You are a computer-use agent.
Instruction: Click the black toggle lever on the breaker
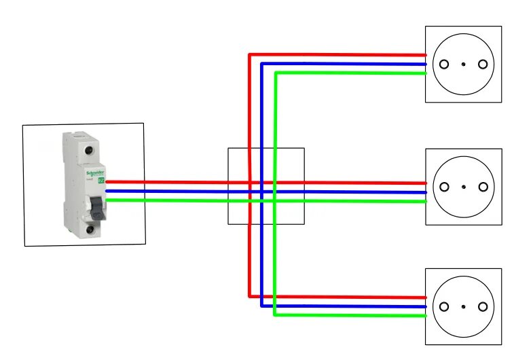(x=99, y=206)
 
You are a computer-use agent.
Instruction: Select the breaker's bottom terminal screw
(x=90, y=230)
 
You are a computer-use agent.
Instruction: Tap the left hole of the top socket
(x=444, y=65)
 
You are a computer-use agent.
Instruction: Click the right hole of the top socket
(x=483, y=65)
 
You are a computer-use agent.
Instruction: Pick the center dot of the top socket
(x=463, y=65)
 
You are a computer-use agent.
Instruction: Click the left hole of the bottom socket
(x=444, y=306)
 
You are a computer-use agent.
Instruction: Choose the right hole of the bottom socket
(x=483, y=306)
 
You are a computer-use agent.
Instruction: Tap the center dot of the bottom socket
(x=463, y=306)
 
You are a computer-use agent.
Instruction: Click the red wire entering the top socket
(x=407, y=55)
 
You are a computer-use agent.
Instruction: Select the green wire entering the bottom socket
(x=407, y=315)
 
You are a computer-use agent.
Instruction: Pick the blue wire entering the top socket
(x=407, y=65)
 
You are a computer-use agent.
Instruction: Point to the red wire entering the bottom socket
(x=407, y=298)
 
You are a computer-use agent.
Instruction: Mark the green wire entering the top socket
(x=407, y=73)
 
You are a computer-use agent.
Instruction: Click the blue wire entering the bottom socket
(x=407, y=306)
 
